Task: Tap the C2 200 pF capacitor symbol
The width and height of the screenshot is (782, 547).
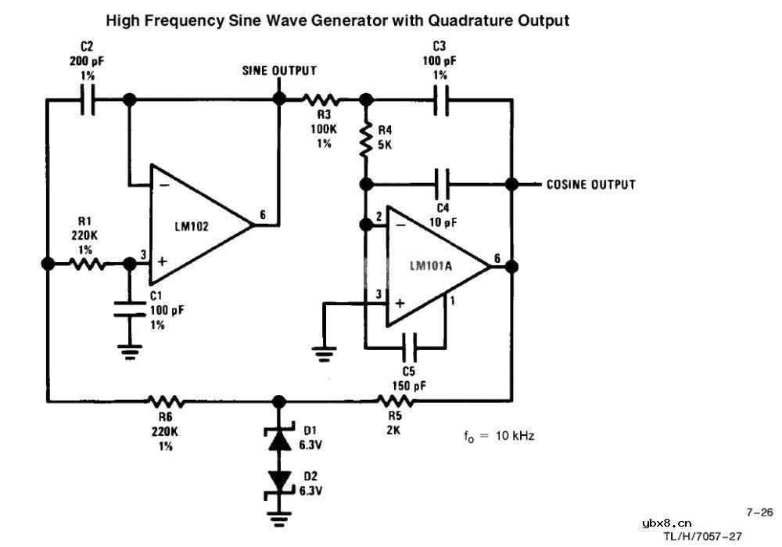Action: [x=88, y=100]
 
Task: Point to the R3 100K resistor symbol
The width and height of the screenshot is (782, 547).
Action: [x=321, y=100]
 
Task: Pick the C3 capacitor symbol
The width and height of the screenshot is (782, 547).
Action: [x=440, y=100]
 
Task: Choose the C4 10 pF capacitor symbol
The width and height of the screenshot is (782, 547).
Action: [x=443, y=184]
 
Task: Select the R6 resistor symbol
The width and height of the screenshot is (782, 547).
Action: [x=166, y=402]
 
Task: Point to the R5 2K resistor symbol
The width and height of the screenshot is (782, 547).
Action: [x=395, y=402]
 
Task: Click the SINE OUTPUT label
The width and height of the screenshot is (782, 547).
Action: [x=279, y=70]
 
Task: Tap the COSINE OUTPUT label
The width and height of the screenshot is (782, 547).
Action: [x=590, y=185]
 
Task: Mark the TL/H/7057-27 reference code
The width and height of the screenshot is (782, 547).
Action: [x=701, y=537]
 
